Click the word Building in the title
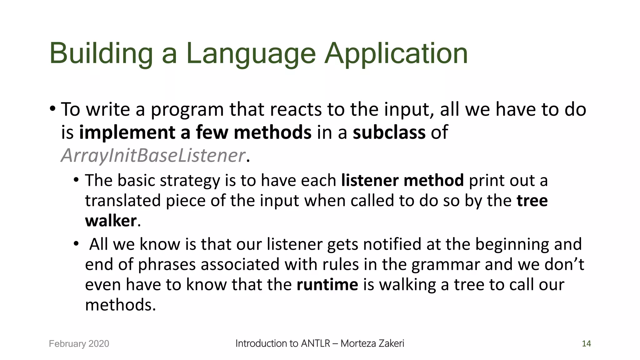click(101, 54)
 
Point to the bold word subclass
click(389, 132)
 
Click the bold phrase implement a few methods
click(195, 132)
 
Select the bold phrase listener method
click(402, 181)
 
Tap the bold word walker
click(111, 221)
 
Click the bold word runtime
click(327, 285)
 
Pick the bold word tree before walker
click(532, 201)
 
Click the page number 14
click(586, 344)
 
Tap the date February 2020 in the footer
click(79, 344)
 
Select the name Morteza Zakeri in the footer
click(372, 343)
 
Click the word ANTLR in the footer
click(315, 343)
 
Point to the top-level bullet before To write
click(52, 109)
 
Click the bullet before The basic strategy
click(76, 180)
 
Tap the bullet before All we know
click(76, 244)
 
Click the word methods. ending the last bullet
click(120, 305)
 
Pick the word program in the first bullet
click(187, 110)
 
